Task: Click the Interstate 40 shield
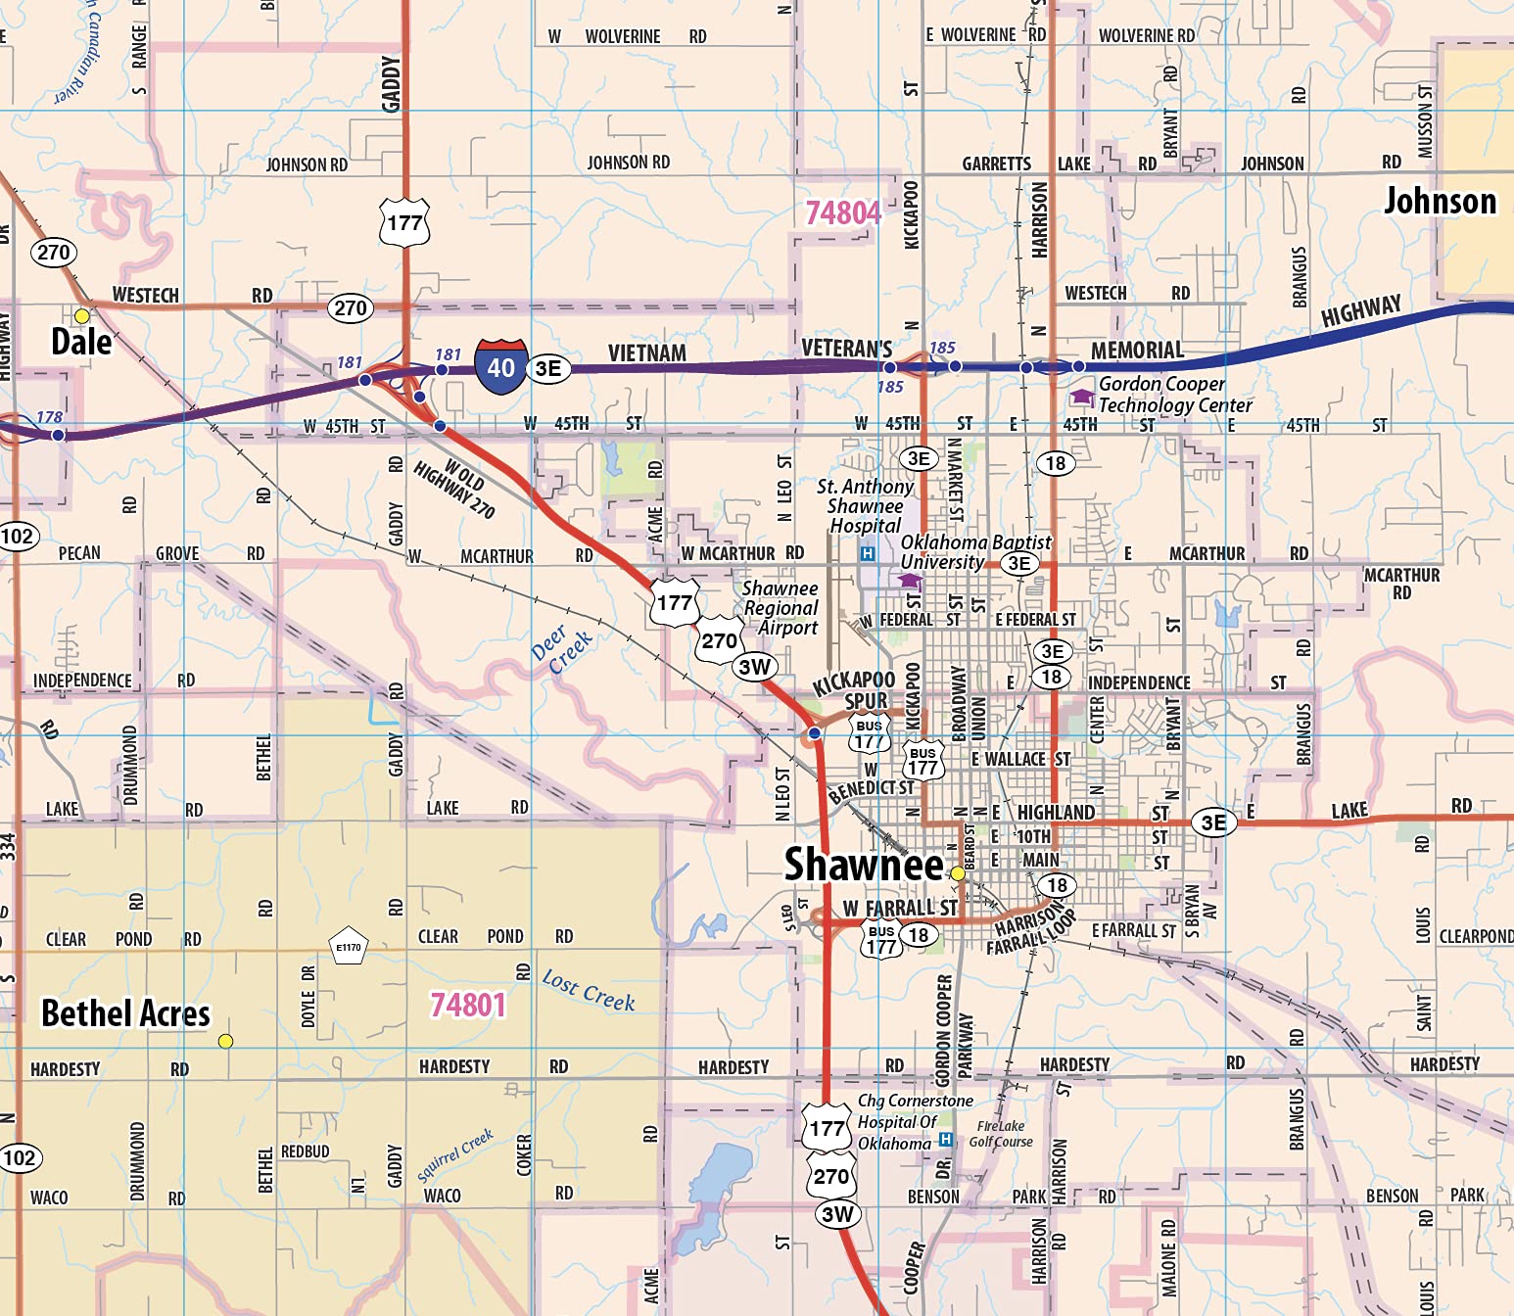click(500, 367)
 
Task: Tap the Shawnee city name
click(863, 865)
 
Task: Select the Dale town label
click(81, 342)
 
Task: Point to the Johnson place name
click(1440, 202)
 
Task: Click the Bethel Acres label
click(125, 1013)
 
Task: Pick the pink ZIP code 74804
click(842, 212)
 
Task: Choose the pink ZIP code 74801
click(468, 1006)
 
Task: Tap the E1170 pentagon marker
click(349, 946)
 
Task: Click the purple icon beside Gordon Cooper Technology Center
click(1081, 397)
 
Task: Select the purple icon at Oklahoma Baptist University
click(911, 580)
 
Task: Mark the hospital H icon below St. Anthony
click(867, 554)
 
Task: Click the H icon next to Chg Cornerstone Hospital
click(945, 1140)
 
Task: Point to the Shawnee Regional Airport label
click(781, 608)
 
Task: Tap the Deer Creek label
click(561, 648)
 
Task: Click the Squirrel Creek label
click(455, 1156)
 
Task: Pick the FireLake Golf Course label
click(1001, 1134)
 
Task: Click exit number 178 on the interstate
click(50, 417)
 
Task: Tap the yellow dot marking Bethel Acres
click(225, 1041)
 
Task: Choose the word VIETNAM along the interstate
click(646, 352)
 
